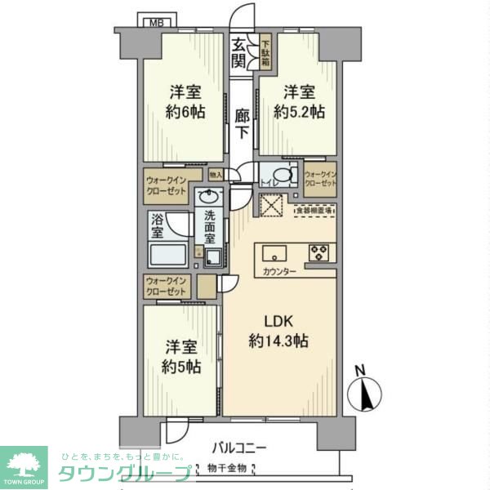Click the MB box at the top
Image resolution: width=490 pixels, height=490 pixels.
(x=154, y=21)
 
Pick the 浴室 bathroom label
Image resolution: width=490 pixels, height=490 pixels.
(x=159, y=226)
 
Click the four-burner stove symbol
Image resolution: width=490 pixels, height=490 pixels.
(x=318, y=253)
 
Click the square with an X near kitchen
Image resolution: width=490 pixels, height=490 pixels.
(x=270, y=205)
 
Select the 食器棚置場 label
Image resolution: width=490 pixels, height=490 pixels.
(x=314, y=211)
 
